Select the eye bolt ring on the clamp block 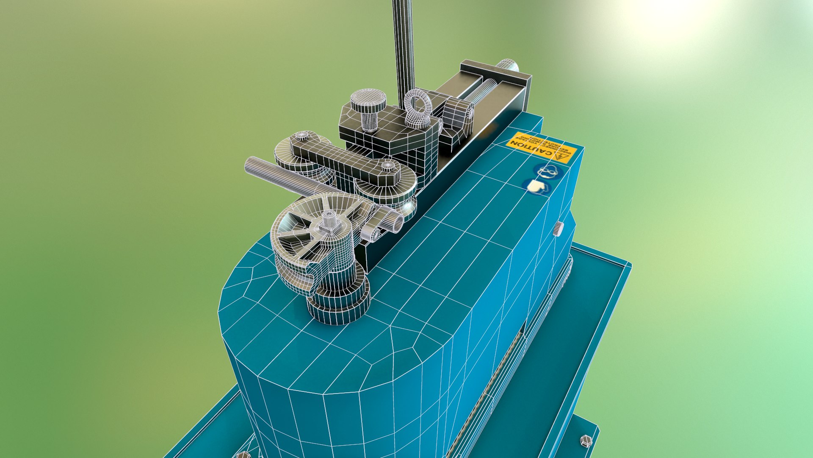pyautogui.click(x=418, y=108)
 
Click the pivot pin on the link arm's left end pyautogui.click(x=301, y=137)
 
